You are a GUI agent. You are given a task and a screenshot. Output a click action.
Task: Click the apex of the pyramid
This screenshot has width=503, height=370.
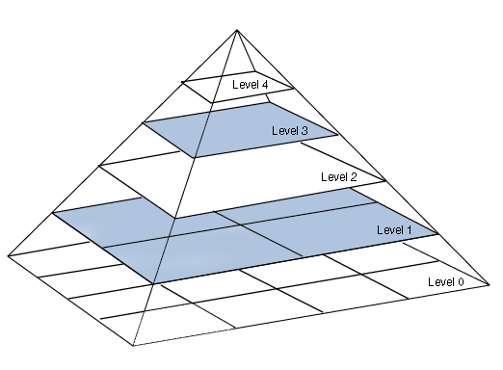237,30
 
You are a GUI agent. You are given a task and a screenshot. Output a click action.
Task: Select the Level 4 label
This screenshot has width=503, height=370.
250,85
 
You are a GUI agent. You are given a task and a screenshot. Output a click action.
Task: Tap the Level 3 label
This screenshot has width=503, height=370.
290,130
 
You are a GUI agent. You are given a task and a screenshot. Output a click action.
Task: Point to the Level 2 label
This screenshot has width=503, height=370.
339,176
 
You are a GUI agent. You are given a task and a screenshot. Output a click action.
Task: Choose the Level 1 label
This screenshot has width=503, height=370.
394,229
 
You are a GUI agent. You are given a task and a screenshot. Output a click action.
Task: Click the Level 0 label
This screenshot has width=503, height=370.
446,281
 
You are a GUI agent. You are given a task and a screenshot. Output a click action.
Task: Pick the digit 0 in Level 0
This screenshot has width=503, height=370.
461,281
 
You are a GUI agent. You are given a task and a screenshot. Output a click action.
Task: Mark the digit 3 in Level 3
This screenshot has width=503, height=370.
304,130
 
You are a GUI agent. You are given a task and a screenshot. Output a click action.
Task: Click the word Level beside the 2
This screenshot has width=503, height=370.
333,176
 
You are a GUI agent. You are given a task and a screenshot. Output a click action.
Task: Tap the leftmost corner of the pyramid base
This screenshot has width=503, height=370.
8,256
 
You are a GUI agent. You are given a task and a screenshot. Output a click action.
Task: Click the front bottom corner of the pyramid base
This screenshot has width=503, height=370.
133,345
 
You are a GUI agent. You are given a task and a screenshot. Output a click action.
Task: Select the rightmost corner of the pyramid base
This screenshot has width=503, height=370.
489,284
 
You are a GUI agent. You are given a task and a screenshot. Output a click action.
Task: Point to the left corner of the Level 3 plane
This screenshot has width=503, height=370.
143,122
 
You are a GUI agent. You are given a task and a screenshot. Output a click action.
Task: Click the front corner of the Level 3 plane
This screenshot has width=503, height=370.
194,157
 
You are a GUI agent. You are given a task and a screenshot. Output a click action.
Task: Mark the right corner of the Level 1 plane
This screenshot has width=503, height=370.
437,234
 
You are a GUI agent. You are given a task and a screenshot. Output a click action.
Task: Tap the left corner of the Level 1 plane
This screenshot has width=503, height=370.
53,213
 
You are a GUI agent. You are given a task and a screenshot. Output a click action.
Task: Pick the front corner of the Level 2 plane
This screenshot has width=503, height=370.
174,218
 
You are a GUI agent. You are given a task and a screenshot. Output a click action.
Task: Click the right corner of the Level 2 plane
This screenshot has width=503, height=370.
385,181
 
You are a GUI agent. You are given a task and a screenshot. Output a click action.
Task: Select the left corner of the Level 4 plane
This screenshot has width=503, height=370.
182,82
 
